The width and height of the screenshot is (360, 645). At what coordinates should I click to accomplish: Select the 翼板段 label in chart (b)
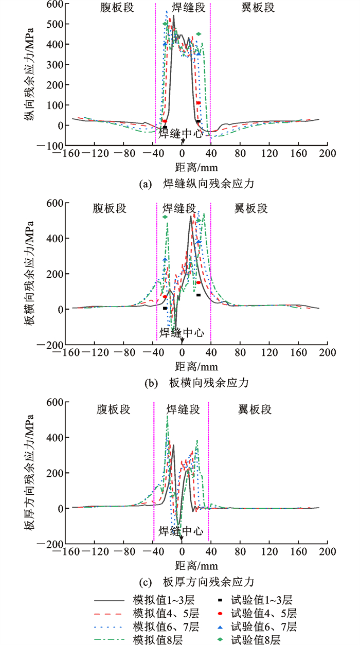click(x=250, y=208)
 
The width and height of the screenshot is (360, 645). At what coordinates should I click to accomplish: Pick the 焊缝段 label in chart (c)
click(x=183, y=409)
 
